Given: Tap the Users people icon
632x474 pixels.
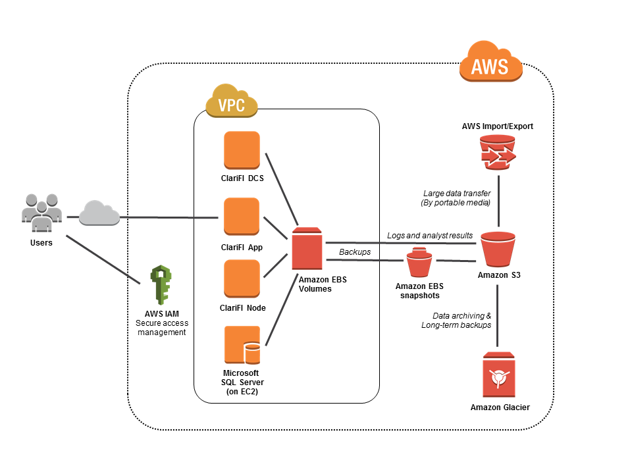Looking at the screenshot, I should coord(42,212).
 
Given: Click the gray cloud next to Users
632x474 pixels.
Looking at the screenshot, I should coord(99,214).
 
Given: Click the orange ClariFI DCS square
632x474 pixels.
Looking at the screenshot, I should coord(242,150).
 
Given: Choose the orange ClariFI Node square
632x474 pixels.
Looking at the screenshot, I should coord(242,278).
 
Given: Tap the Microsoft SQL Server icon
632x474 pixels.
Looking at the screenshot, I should coord(242,345).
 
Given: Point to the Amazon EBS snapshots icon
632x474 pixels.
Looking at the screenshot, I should coord(419,262).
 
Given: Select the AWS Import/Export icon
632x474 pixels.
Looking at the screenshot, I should coord(498,150).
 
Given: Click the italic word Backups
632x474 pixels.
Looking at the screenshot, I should coord(355,252).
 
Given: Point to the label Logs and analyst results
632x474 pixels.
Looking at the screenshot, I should coord(429,236).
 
